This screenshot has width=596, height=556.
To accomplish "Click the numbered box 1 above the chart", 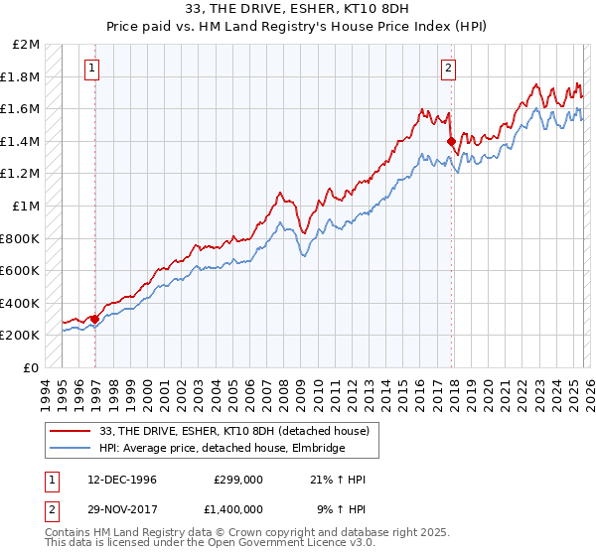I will click(91, 69).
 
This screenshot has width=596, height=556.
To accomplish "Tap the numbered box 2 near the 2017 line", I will click(448, 69).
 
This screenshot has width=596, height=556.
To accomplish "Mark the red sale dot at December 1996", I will click(95, 319).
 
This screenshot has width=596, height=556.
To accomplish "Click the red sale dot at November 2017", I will click(451, 141).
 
